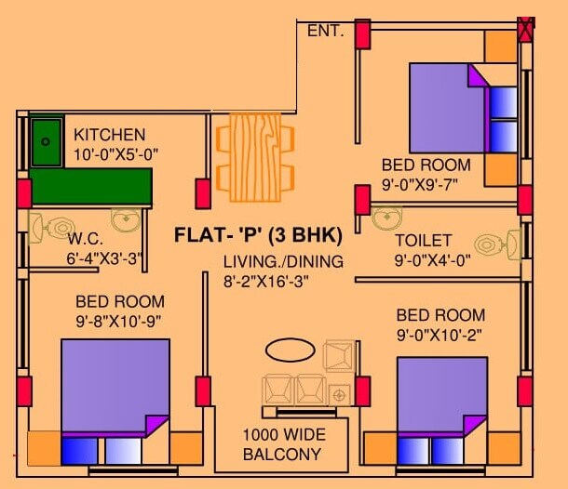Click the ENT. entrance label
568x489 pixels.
(x=326, y=32)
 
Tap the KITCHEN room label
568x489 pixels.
(x=110, y=135)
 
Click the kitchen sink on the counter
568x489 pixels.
(x=46, y=141)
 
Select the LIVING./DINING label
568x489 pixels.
(x=283, y=261)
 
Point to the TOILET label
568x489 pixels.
(x=424, y=240)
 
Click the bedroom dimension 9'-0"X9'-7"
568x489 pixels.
(x=426, y=184)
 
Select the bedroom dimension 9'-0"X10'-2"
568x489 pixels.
(x=440, y=335)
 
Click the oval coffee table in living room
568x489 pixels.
(x=290, y=350)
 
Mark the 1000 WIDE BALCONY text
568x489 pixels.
(x=281, y=444)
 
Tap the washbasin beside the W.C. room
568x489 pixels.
(x=126, y=219)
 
